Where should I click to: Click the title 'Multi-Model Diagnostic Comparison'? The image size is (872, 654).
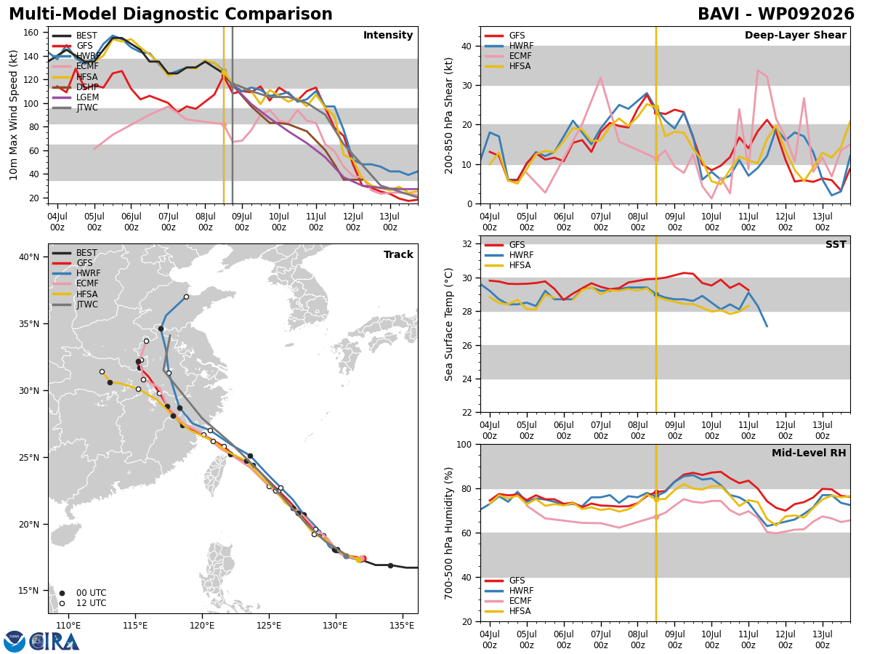(171, 15)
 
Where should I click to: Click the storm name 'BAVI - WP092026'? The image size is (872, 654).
(776, 15)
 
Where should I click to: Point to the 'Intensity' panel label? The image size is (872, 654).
(388, 35)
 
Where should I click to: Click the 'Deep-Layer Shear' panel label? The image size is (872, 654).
(795, 35)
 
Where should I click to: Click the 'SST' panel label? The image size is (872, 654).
(836, 244)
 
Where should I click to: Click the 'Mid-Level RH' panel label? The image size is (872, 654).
(809, 453)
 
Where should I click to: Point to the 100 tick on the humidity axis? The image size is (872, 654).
(464, 444)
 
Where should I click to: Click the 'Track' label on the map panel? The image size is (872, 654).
(398, 254)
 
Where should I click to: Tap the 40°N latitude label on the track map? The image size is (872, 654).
(29, 257)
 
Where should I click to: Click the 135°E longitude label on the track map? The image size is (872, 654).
(402, 626)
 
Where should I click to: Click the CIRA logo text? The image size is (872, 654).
(54, 642)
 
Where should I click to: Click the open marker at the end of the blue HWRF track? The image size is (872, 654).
(186, 297)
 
